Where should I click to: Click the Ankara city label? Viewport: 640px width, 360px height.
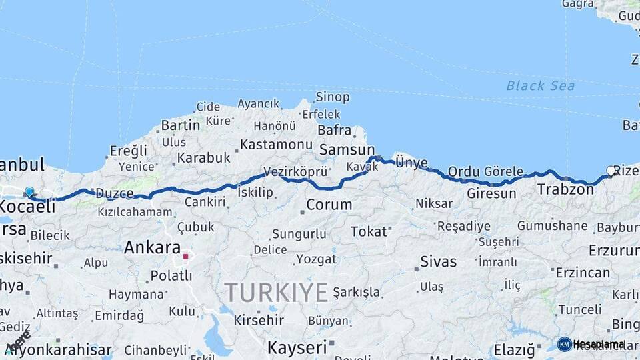tap(152, 248)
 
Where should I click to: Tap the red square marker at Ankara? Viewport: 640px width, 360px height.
tap(185, 256)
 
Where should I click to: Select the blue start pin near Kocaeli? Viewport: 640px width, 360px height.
tap(29, 192)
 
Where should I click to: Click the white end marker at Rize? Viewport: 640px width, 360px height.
tap(611, 171)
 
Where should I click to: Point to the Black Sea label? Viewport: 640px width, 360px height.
tap(540, 85)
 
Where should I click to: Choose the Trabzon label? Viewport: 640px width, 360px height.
tap(565, 189)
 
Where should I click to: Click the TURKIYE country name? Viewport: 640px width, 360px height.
tap(276, 292)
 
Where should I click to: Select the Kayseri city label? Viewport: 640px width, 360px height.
tap(298, 347)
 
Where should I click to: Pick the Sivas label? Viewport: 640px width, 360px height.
tap(439, 262)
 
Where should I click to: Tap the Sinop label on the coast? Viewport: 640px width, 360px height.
tap(333, 97)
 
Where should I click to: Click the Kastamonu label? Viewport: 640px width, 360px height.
tap(276, 145)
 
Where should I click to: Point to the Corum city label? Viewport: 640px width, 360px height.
tap(329, 205)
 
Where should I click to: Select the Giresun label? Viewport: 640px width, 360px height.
tap(491, 194)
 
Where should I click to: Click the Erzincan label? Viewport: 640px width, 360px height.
tap(582, 273)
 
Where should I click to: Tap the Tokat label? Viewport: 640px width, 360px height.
tap(369, 232)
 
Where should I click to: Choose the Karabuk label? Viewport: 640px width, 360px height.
tap(203, 158)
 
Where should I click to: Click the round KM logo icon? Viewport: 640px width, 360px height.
tap(564, 344)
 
